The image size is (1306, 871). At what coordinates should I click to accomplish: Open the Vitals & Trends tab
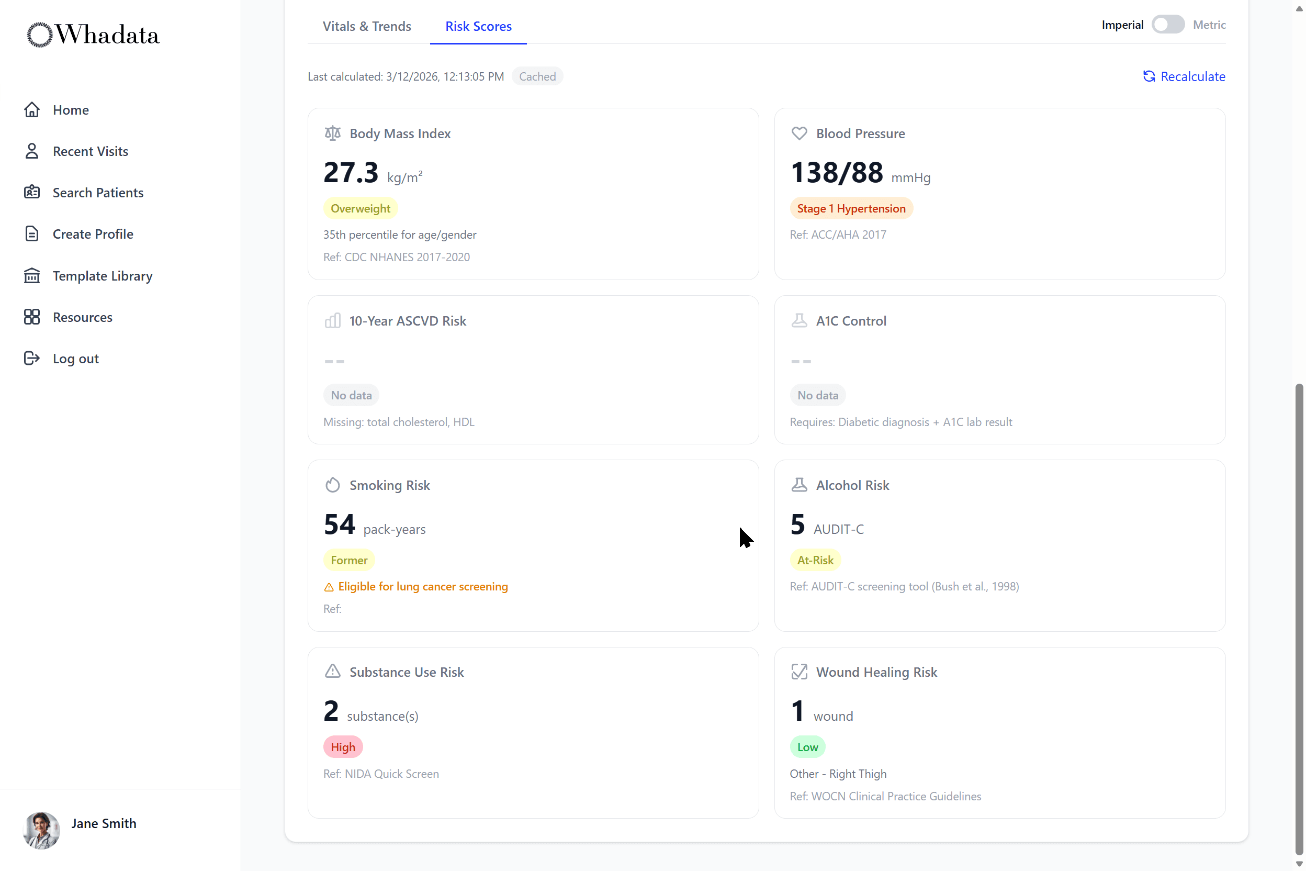(366, 26)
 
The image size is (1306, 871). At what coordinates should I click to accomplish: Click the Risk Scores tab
(478, 26)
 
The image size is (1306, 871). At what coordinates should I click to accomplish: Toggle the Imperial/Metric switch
(1167, 25)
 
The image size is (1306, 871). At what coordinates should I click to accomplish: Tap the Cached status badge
(537, 76)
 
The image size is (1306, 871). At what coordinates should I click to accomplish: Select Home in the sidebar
(71, 110)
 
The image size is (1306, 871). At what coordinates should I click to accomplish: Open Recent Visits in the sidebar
(90, 151)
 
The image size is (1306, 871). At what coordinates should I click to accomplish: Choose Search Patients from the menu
(98, 193)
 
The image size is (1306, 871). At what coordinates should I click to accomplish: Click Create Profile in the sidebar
(93, 234)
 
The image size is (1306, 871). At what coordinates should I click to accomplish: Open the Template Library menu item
(102, 275)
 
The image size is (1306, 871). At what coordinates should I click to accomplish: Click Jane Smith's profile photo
(41, 830)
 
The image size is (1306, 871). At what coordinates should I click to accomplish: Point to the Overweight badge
(361, 208)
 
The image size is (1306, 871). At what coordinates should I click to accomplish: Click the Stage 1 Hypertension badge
(851, 208)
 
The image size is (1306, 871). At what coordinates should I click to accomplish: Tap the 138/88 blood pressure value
(836, 173)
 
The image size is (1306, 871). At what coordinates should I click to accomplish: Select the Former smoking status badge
(348, 560)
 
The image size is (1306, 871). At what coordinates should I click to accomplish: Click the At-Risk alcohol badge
(815, 560)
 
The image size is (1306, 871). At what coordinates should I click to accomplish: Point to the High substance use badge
(343, 747)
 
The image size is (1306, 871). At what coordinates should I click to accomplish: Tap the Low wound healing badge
(807, 747)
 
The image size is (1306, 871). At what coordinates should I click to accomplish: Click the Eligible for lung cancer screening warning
(422, 587)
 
